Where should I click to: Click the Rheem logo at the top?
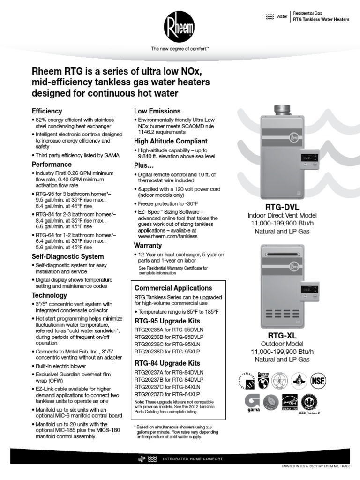[x=180, y=26]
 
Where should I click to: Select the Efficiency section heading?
[x=46, y=111]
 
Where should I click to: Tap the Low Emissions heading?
[x=157, y=111]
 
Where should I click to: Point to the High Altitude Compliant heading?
[x=171, y=141]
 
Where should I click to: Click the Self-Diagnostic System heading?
[x=67, y=257]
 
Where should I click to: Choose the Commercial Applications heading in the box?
[x=173, y=288]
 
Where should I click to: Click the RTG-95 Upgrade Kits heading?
[x=167, y=321]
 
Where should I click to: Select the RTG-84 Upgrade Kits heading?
[x=167, y=363]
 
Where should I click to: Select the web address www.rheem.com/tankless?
[x=168, y=236]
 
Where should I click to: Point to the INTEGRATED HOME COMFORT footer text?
[x=192, y=458]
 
